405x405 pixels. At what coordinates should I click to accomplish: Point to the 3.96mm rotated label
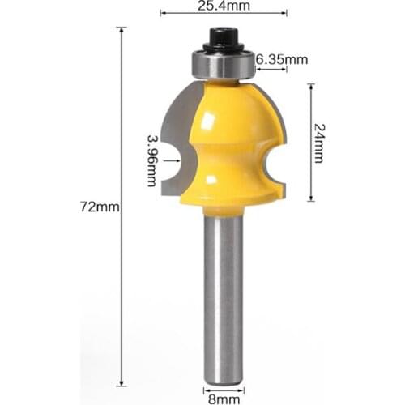(x=151, y=160)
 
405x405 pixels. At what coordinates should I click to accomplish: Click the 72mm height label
(x=100, y=207)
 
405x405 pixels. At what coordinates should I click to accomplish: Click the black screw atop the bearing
(x=221, y=38)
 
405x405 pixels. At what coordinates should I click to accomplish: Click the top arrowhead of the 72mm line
(x=122, y=30)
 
